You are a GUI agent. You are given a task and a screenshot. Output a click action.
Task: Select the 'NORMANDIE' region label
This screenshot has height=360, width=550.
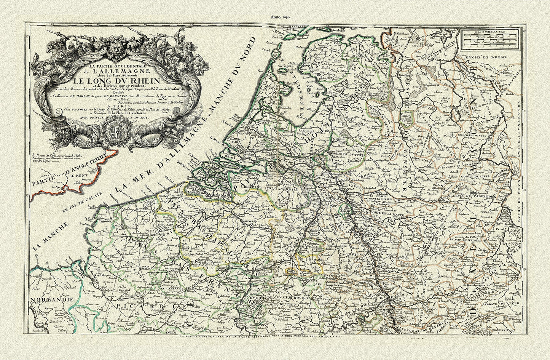[x=51, y=300]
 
